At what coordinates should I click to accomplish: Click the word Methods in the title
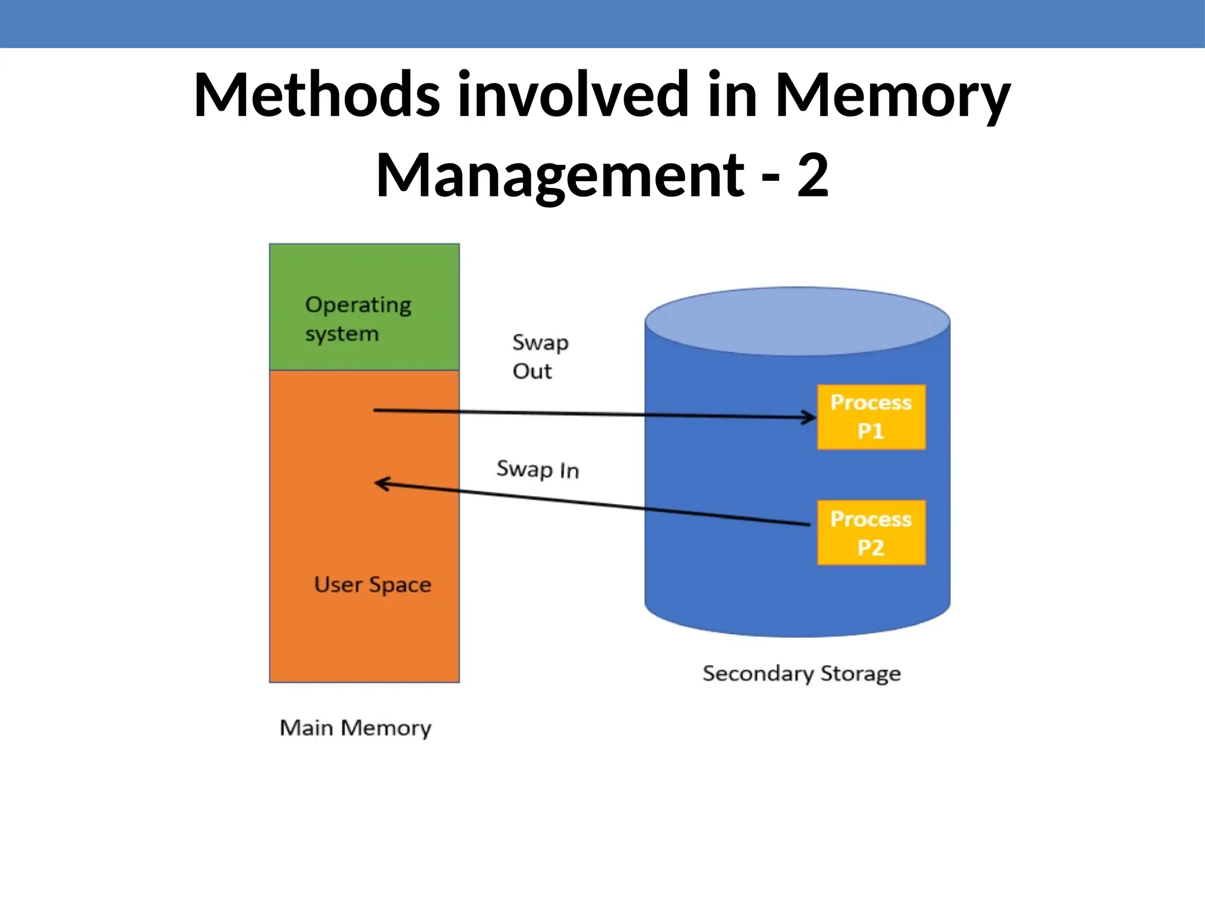tap(316, 95)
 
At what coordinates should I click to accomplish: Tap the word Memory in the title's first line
tap(892, 95)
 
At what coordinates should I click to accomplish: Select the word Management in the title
tap(560, 175)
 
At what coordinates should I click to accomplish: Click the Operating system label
tap(358, 319)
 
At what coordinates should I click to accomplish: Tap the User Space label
tap(372, 585)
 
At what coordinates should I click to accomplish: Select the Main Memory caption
tap(355, 728)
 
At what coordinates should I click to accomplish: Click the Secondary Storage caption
tap(801, 673)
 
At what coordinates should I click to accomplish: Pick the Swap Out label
tap(540, 357)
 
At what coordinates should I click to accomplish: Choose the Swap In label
tap(538, 470)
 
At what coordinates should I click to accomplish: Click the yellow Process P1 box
tap(871, 417)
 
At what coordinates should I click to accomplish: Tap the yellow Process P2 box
tap(871, 533)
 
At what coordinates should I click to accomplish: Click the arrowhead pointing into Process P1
tap(811, 417)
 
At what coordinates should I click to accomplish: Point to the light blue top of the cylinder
tap(797, 321)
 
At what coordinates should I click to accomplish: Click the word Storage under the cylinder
tap(860, 673)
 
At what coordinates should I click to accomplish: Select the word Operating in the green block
tap(358, 305)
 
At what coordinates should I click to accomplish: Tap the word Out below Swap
tap(532, 371)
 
